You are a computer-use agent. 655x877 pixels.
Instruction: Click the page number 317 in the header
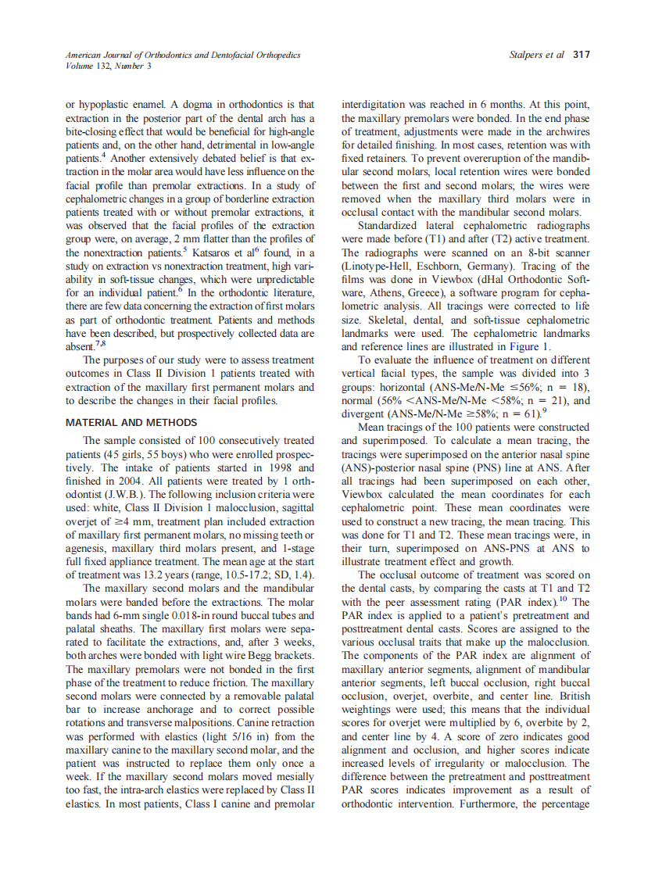coord(581,55)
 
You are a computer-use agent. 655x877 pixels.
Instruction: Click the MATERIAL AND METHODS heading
coord(131,423)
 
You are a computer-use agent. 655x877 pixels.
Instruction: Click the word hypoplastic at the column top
coord(106,104)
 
